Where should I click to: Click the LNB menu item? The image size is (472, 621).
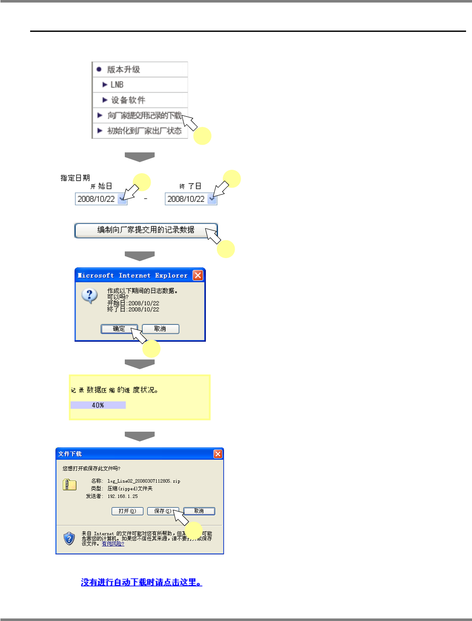point(117,85)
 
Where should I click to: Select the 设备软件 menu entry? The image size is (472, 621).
point(128,100)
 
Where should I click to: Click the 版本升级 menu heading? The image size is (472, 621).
point(123,70)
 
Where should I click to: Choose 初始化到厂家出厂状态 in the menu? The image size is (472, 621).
point(144,131)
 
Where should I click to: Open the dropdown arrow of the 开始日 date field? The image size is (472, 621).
point(122,199)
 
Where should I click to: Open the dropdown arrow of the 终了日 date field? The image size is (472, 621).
point(212,199)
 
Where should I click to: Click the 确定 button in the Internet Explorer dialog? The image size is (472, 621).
point(119,329)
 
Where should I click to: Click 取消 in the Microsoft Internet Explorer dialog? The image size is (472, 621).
point(160,329)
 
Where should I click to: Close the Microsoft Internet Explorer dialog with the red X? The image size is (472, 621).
point(198,275)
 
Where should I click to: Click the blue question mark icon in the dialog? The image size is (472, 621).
point(90,295)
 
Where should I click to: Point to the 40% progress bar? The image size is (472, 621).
point(98,405)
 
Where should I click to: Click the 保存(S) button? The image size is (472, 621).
point(163,511)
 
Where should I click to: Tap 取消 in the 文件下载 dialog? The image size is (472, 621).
point(199,511)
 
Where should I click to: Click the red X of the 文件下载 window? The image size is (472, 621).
point(218,454)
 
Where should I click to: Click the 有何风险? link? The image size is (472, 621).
point(113,544)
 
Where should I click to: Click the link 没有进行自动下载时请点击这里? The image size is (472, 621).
point(141,582)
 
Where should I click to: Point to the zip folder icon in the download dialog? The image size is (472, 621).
point(70,485)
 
